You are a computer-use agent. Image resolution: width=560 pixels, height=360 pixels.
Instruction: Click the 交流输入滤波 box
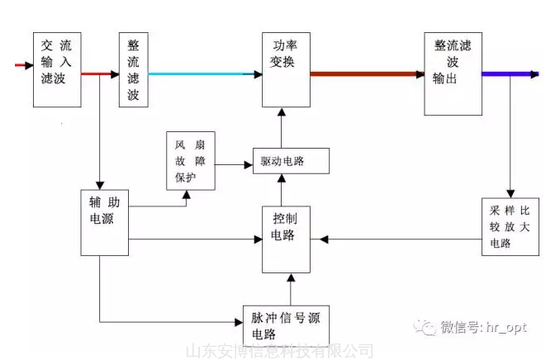pos(57,69)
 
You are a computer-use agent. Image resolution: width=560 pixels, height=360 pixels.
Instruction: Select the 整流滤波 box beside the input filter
pos(133,69)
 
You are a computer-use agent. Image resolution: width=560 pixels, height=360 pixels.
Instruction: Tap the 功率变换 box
pos(286,69)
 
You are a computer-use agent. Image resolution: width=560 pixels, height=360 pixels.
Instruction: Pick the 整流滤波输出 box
pos(453,73)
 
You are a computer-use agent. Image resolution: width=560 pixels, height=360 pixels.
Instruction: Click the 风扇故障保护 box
pos(190,159)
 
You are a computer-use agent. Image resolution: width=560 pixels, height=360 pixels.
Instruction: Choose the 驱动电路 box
pos(290,161)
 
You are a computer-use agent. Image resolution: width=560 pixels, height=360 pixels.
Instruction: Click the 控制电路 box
pos(286,239)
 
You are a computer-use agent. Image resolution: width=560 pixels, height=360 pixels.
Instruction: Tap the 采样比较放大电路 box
pos(510,225)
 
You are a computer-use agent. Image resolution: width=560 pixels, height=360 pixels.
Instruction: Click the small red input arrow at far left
pos(23,64)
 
